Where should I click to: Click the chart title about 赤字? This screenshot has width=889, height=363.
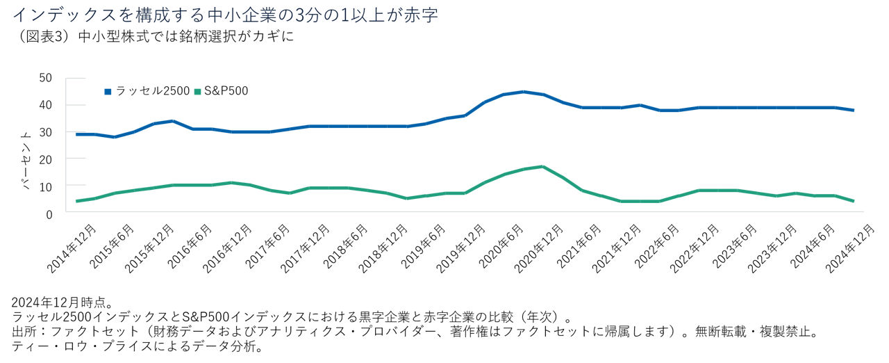coord(225,15)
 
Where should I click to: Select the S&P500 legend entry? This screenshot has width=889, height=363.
coord(221,91)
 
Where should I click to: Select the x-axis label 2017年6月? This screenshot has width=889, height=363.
coord(267,248)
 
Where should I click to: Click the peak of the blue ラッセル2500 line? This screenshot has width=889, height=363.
coord(524,92)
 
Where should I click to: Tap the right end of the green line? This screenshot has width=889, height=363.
coord(853,201)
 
